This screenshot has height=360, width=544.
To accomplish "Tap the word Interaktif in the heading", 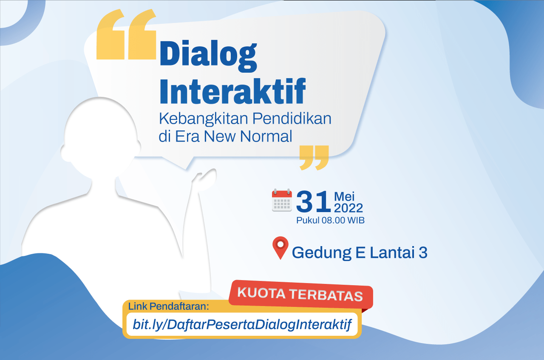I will coord(232,91).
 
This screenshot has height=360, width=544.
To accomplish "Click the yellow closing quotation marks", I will coord(314,157).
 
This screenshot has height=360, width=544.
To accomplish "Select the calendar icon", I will coord(282,200).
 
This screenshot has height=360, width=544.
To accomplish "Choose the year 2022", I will coord(348,208).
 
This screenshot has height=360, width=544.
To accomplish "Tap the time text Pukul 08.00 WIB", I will coord(330,221).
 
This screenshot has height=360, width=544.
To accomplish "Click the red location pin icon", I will coord(280,248).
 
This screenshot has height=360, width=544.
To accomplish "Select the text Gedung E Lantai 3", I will coord(360,252).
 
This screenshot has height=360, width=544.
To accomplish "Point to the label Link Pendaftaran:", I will coord(169,306).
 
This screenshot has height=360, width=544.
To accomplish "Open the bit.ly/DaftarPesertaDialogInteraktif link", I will coord(242,325).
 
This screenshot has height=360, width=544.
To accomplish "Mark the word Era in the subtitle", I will coord(185,136).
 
